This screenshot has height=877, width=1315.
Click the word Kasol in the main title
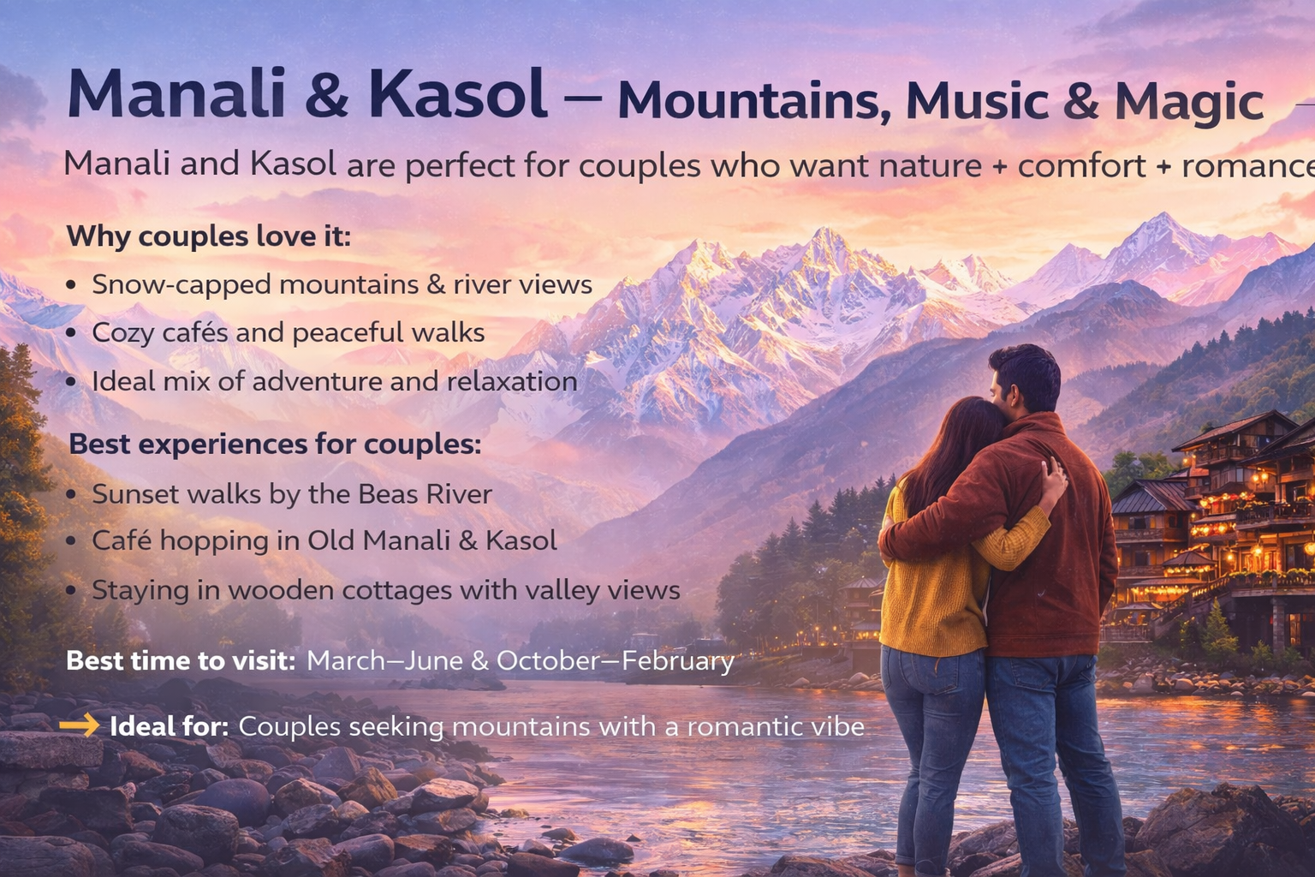click(x=459, y=94)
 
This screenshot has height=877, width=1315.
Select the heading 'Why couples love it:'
click(x=209, y=236)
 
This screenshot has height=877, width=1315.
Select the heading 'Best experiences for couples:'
click(x=275, y=444)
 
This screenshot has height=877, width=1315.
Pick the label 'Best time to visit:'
click(x=181, y=661)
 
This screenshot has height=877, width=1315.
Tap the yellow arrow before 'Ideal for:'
click(x=80, y=726)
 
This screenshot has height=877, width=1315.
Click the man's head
click(x=1026, y=378)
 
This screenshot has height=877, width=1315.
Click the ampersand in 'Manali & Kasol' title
click(x=326, y=94)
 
